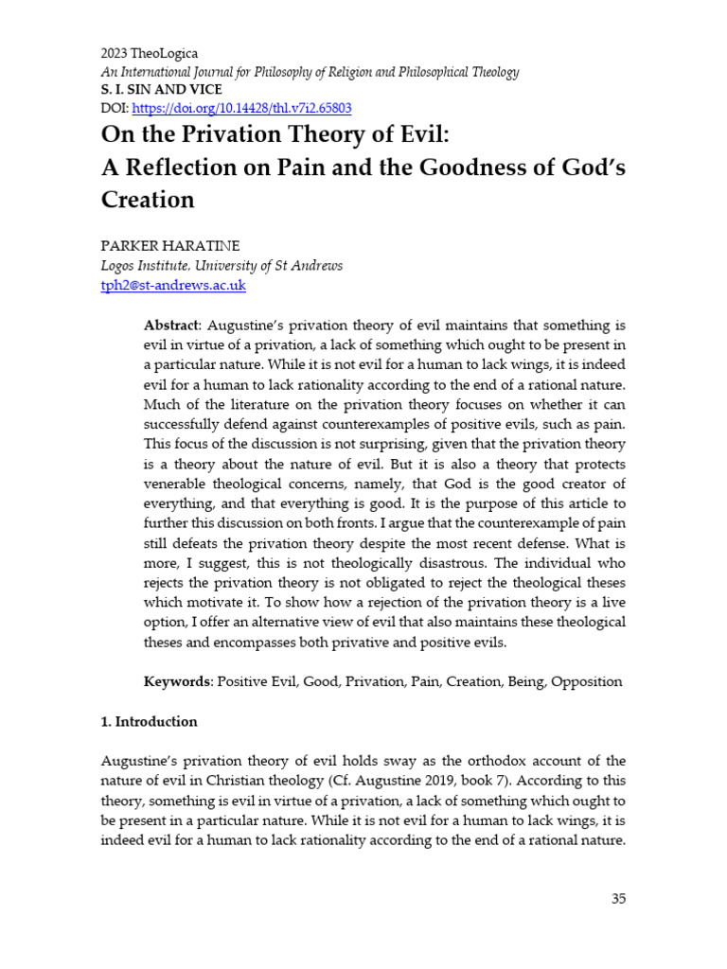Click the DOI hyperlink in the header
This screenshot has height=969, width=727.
240,108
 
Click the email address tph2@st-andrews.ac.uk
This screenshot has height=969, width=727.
173,285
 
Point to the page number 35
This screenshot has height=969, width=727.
618,898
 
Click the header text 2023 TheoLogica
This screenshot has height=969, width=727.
150,54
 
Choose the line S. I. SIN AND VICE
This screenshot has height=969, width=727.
161,90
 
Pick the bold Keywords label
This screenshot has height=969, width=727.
177,681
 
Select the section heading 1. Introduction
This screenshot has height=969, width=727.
149,721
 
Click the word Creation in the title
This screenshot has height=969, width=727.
148,200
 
